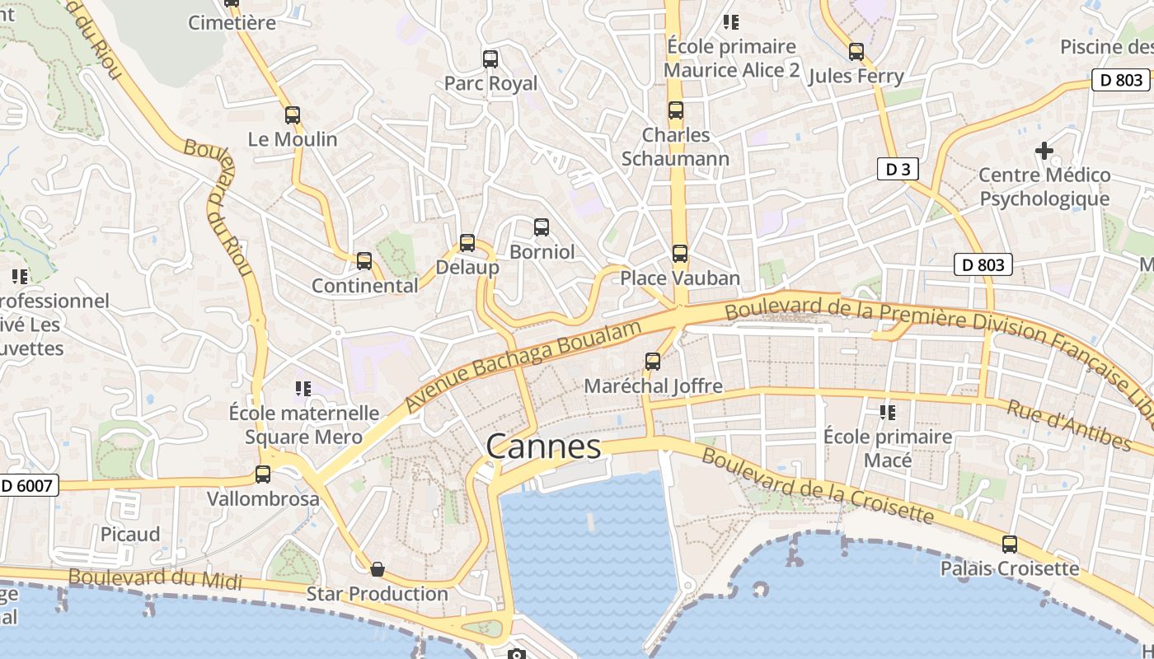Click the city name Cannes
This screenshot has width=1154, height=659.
tap(543, 446)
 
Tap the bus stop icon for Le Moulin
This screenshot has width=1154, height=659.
tap(293, 115)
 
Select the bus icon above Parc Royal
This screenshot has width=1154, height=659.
tap(490, 59)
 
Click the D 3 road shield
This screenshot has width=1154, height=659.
tap(898, 170)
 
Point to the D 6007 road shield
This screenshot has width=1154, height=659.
tap(28, 485)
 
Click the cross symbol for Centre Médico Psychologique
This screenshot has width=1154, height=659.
tap(1044, 151)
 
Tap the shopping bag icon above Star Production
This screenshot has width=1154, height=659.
tap(377, 569)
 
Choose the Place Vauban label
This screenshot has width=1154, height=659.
tap(680, 278)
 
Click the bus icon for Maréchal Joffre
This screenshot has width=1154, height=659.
tap(653, 362)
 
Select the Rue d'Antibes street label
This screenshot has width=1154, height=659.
tap(1069, 426)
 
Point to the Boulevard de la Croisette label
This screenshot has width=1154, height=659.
tap(817, 487)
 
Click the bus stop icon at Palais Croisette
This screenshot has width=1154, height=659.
tap(1010, 544)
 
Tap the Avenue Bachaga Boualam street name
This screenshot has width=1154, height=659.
tap(523, 367)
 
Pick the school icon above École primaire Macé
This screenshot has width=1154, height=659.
tap(888, 412)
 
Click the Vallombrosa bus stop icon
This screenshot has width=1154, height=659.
tap(263, 474)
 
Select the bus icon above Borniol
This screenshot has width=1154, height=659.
tap(542, 227)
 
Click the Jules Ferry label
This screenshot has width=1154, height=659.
tap(856, 77)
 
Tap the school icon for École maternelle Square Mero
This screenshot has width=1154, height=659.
tap(303, 388)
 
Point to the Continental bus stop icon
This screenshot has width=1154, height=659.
tap(364, 261)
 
